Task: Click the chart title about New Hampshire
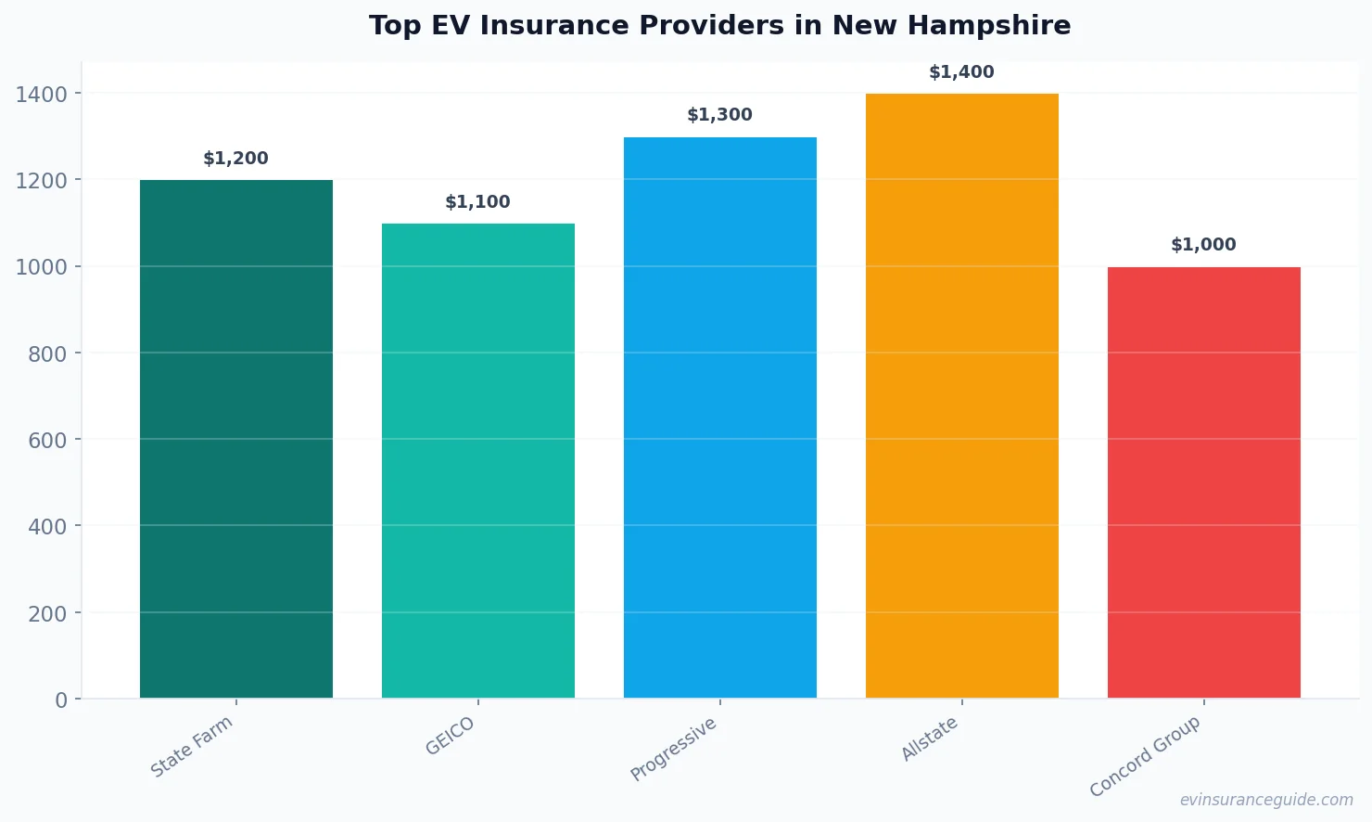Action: [x=719, y=26]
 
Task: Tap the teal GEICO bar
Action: [x=478, y=460]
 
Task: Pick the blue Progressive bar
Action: [x=720, y=417]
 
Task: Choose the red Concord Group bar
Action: [x=1204, y=482]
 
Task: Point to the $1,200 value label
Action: [x=236, y=159]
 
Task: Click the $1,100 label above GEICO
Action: [x=478, y=202]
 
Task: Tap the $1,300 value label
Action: [x=720, y=115]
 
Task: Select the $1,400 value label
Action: [x=962, y=72]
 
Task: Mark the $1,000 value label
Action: [x=1204, y=245]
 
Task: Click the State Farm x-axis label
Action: [x=192, y=747]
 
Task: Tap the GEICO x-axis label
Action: [x=451, y=737]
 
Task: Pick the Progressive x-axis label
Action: [x=674, y=749]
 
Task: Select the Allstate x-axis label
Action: [x=930, y=739]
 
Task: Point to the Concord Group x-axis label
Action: [x=1145, y=756]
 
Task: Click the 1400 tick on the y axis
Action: [x=42, y=94]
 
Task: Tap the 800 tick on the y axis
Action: [x=47, y=353]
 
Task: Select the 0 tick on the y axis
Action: [x=61, y=700]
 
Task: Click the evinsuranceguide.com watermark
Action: [x=1266, y=800]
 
